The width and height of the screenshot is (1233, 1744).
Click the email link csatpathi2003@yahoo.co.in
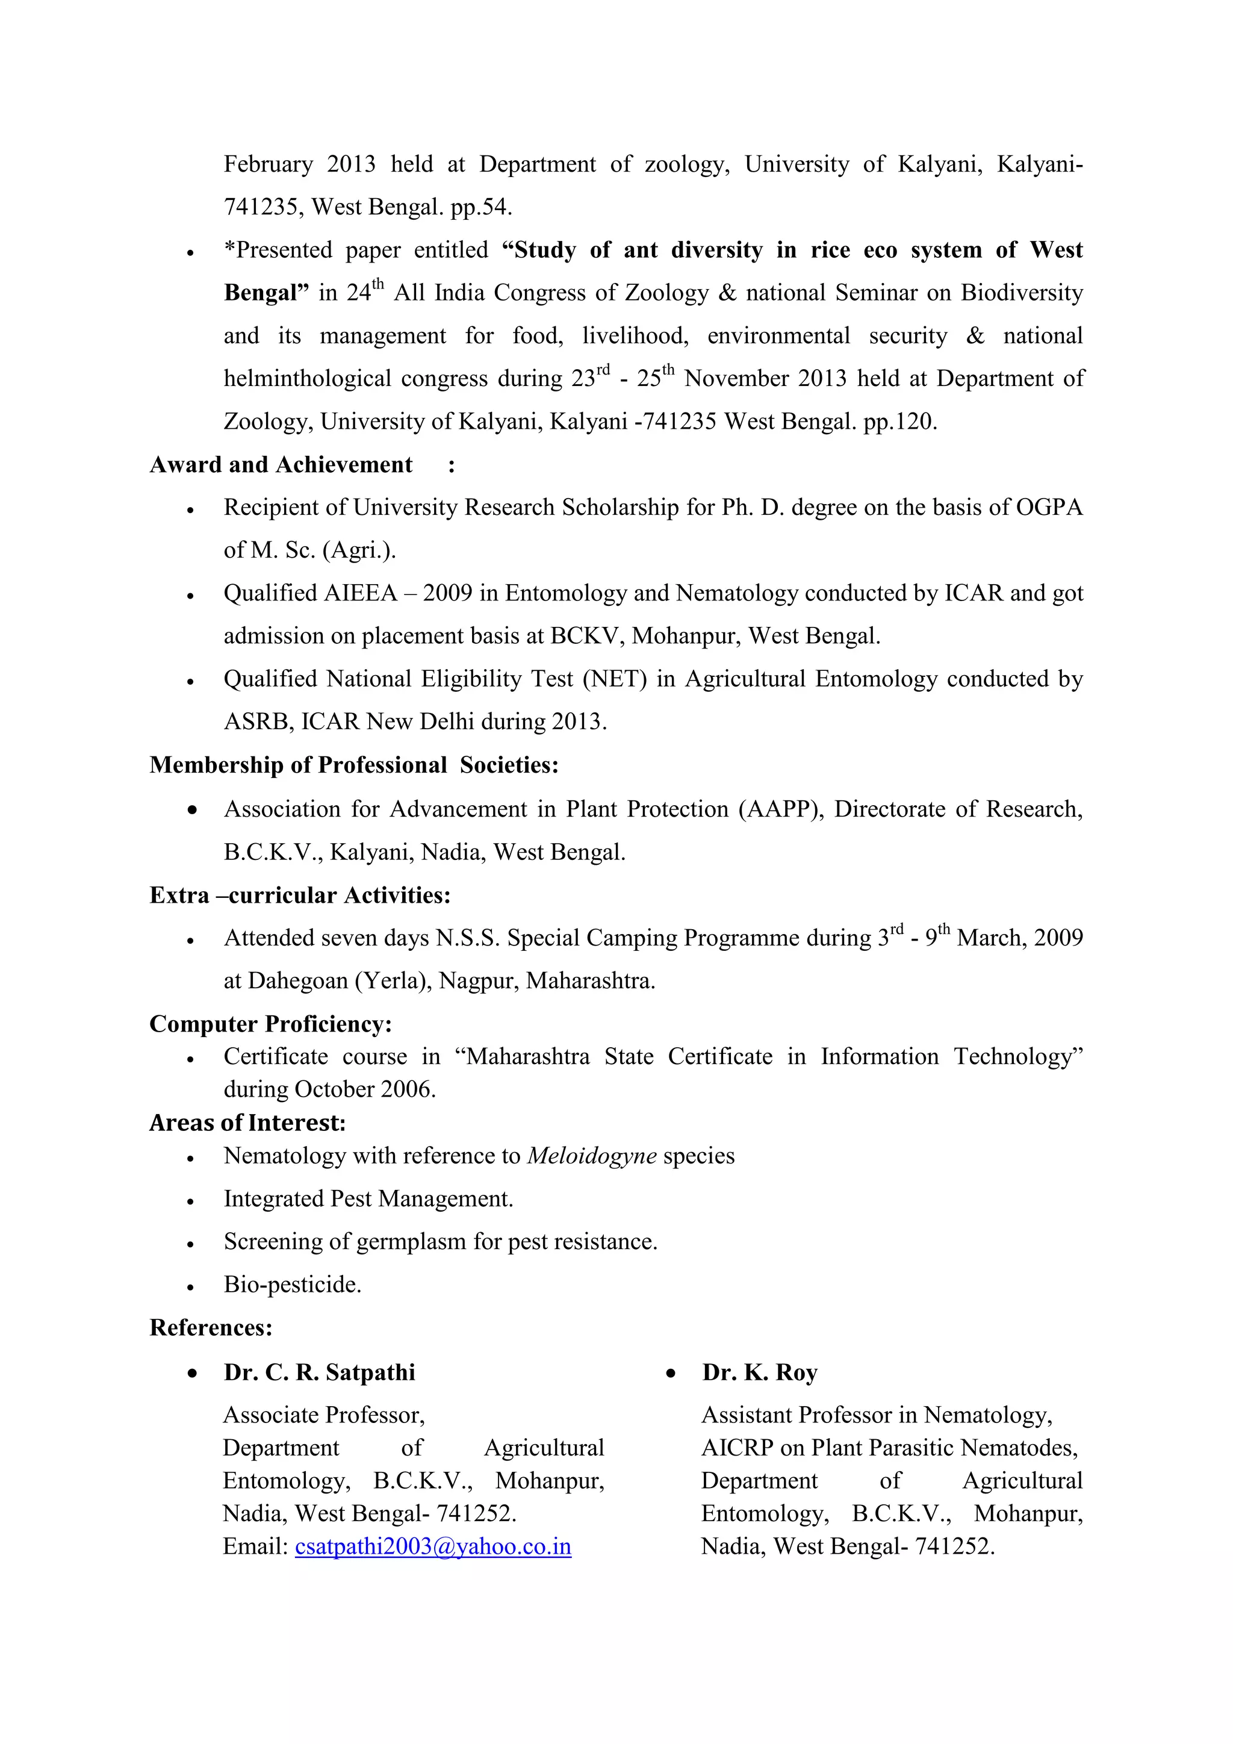tap(433, 1546)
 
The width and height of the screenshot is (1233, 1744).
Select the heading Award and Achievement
tap(281, 465)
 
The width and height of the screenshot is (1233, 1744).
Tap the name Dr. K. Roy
tap(759, 1372)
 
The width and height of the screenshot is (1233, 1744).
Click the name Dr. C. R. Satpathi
tap(319, 1372)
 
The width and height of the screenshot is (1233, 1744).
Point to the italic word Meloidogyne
tap(591, 1156)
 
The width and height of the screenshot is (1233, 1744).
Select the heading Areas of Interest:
tap(247, 1123)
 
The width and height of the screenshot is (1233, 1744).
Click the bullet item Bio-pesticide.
tap(293, 1285)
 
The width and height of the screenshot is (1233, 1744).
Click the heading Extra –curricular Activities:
tap(300, 895)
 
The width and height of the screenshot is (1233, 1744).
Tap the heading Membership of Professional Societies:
tap(354, 765)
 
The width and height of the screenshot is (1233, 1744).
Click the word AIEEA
tap(361, 593)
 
